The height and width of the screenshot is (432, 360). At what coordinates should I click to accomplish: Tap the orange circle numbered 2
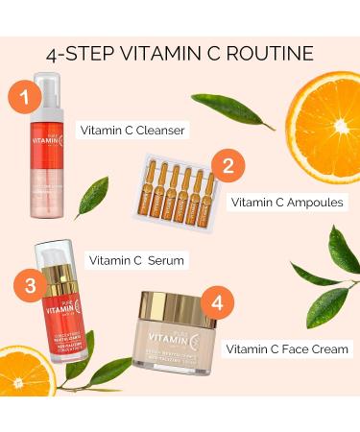point(228,164)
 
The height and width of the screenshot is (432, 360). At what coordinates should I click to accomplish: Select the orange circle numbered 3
point(33,285)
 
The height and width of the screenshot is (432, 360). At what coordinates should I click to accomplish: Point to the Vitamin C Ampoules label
point(285,204)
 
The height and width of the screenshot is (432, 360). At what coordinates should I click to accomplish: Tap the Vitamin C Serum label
point(137,259)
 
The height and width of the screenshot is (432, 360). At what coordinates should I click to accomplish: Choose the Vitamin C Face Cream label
point(285,348)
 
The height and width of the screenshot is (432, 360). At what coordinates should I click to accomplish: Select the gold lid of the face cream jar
point(180,307)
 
